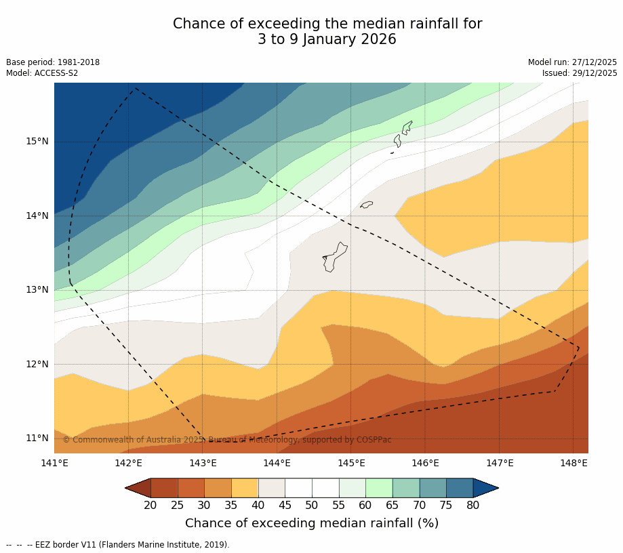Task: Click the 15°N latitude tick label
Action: [37, 142]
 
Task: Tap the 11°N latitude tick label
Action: [37, 438]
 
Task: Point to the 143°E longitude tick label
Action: [203, 464]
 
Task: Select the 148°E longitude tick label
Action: [574, 464]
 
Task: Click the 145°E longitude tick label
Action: [351, 464]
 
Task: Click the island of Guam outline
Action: [334, 258]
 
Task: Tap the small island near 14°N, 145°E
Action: [366, 205]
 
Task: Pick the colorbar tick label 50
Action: [312, 505]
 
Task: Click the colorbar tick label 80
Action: [473, 505]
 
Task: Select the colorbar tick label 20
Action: [150, 505]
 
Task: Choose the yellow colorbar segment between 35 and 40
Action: [244, 488]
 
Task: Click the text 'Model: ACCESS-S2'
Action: [42, 73]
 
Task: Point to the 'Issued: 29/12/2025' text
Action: [580, 73]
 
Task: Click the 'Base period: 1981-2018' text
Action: [53, 62]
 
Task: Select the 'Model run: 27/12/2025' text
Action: [572, 62]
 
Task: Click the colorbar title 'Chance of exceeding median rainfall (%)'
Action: [312, 523]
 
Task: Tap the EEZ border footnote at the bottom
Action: [118, 545]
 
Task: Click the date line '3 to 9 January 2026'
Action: [327, 39]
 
